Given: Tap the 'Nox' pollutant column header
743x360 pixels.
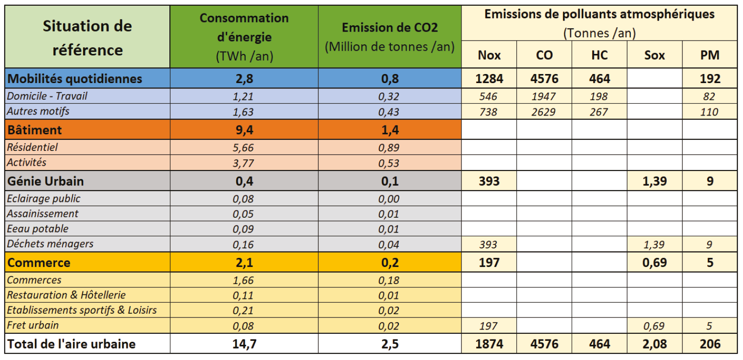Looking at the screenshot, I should pos(489,55).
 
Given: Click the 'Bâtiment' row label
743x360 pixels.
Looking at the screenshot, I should pos(35,129).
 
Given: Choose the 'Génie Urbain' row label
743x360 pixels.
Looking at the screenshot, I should pos(46,181).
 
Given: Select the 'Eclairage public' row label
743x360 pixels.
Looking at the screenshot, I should pos(44,198).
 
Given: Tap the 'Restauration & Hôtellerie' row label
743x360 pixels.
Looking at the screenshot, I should pos(66,295).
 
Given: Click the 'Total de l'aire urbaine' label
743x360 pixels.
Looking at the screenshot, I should pos(72,344).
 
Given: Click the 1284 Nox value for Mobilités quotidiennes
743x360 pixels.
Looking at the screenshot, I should pos(489,78).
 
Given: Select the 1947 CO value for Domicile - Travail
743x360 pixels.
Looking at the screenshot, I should pos(544,96).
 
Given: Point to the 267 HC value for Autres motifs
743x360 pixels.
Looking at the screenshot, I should pos(599,112).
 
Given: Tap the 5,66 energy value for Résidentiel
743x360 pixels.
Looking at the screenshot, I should pos(243,148).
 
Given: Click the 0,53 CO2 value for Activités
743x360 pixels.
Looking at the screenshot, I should pos(389,163).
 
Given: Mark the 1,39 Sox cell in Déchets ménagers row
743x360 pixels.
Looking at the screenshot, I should pos(654,244).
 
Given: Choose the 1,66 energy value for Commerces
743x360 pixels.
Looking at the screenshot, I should pos(243,280).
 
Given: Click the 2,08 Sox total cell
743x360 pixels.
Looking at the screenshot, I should pos(654,344).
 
